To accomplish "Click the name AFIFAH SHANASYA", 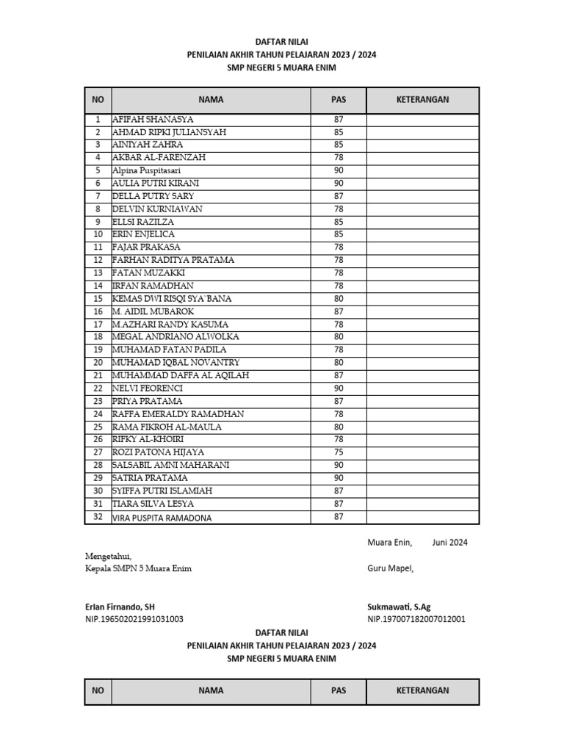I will [x=153, y=119].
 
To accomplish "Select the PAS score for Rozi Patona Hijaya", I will [x=339, y=452].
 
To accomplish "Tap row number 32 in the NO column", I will [x=98, y=517].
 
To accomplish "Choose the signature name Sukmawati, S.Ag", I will [x=399, y=607].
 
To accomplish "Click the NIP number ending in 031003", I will [x=134, y=619].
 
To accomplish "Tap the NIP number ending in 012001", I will [x=416, y=619].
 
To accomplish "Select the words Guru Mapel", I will [x=391, y=568].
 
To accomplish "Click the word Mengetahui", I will [x=108, y=557].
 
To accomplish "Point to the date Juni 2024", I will [x=449, y=543].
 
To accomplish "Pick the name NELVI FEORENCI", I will [x=147, y=388].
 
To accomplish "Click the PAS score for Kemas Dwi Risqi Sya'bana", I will [x=339, y=298].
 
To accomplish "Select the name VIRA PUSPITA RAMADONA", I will [x=162, y=518].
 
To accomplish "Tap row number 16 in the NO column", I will [x=98, y=311].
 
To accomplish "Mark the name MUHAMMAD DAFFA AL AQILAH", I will [x=181, y=375].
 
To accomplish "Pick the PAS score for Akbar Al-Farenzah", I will [x=339, y=157].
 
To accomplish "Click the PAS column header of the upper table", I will [x=339, y=100].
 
